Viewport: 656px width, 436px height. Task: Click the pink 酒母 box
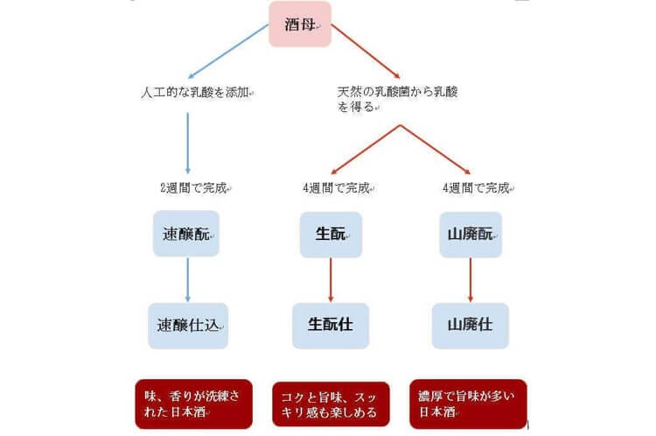(300, 24)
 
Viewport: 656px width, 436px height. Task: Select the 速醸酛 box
(186, 234)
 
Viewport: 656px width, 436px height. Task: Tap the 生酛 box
(331, 235)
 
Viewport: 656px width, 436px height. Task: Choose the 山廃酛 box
(471, 235)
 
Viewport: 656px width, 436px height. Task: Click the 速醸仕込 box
(188, 326)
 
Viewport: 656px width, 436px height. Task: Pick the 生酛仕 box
(331, 326)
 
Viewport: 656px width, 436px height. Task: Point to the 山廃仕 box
(471, 326)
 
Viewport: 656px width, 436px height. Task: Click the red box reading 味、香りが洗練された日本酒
(193, 404)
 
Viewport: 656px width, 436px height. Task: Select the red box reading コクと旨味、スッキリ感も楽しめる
(331, 404)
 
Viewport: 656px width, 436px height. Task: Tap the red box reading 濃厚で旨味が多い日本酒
(468, 404)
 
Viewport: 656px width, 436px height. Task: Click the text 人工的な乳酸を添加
(197, 92)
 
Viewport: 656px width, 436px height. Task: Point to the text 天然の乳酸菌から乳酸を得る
(397, 99)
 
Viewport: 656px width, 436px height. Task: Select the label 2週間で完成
(195, 188)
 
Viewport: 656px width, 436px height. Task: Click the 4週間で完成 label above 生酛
(338, 188)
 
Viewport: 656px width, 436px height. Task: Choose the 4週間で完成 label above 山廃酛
(478, 188)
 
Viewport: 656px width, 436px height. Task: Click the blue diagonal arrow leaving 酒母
(228, 51)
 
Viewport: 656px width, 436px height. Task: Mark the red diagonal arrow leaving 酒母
(366, 51)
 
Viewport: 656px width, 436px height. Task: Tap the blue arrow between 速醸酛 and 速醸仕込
(187, 280)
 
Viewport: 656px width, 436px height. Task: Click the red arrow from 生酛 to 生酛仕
(331, 280)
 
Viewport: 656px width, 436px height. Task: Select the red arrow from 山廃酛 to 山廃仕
(471, 280)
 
